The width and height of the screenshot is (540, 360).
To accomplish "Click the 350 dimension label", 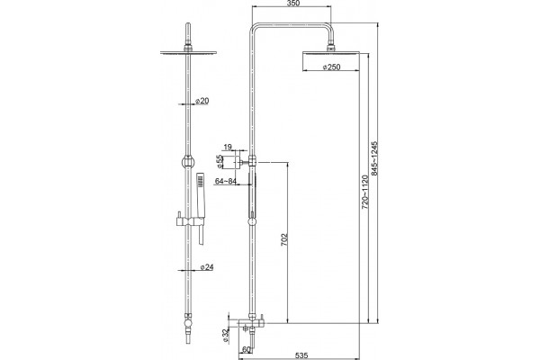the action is click(293, 4).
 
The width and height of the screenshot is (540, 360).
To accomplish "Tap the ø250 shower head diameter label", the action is click(331, 67).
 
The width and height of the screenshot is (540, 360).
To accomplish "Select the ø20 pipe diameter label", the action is click(202, 101).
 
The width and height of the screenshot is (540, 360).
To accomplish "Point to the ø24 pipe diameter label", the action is click(207, 267).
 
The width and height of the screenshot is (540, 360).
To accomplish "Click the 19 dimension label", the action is click(228, 148).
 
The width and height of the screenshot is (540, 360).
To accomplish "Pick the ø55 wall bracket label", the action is click(220, 162).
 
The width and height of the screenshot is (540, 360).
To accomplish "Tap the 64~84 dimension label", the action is click(225, 181).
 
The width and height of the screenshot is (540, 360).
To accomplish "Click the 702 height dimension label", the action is click(284, 240).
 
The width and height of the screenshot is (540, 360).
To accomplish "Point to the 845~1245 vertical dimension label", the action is click(374, 158).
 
